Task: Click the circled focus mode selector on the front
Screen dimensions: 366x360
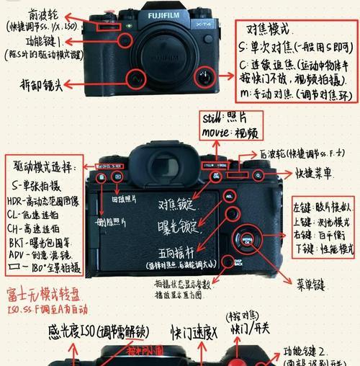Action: click(207, 76)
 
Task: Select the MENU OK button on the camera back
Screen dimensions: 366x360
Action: click(247, 239)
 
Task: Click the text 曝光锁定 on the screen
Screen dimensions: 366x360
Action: click(174, 228)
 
